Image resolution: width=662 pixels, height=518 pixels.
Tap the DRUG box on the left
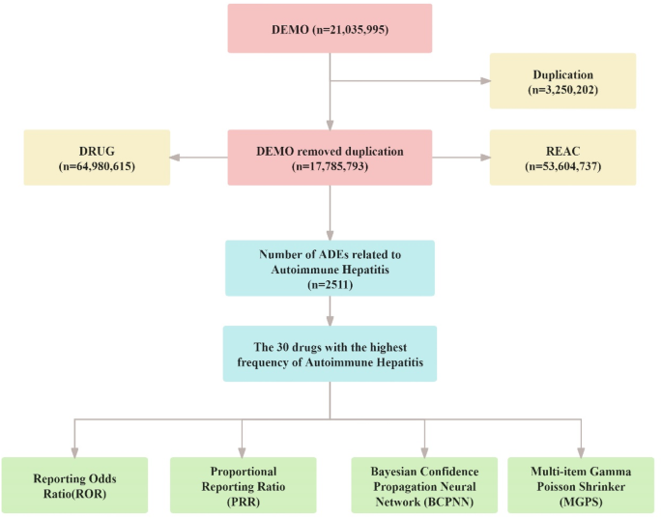[97, 157]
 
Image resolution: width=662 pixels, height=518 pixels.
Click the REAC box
[562, 157]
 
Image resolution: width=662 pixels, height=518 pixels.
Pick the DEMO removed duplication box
[331, 157]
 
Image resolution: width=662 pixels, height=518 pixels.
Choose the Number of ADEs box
[331, 268]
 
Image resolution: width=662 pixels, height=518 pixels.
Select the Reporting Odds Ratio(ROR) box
[74, 484]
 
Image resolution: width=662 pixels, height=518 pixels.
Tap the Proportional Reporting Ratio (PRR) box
[242, 484]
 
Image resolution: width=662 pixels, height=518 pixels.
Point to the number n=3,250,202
[562, 89]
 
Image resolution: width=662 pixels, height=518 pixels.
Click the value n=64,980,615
[97, 166]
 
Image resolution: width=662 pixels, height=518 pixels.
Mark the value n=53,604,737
[562, 166]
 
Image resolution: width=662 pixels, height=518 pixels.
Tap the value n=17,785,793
[331, 166]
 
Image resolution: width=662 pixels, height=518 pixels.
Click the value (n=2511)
[331, 286]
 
